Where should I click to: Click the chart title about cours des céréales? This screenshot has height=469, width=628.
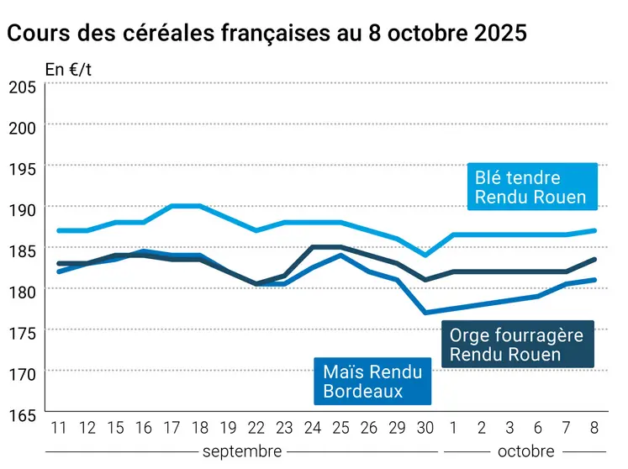coord(267,34)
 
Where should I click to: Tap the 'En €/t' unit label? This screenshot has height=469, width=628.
coord(68,70)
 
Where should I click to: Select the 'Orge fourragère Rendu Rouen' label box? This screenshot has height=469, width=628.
coord(515,345)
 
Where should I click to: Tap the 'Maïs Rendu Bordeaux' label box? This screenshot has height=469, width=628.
coord(372,381)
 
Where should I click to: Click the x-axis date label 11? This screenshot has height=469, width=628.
coord(58,429)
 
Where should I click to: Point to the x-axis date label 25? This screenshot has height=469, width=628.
coord(340,429)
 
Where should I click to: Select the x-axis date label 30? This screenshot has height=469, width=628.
coord(425,429)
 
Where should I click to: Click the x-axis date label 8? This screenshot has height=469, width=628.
coord(595,429)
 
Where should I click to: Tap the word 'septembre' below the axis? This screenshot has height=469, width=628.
coord(241,451)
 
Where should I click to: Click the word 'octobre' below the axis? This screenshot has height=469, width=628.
coord(525,451)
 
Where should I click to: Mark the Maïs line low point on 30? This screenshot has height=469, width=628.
coord(425,313)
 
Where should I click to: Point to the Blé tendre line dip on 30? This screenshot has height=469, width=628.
coord(425,256)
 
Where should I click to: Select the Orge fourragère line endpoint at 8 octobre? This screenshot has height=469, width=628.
coord(595,260)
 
